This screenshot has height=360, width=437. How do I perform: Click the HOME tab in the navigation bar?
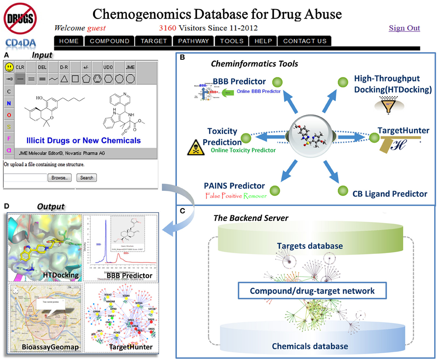point(69,41)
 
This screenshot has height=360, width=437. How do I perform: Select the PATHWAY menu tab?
point(194,41)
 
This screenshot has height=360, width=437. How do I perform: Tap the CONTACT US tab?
point(305,41)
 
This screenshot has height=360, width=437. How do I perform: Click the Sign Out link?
point(404,28)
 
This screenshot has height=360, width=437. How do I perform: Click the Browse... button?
point(59,178)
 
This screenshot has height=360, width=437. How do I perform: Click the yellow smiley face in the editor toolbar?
point(9,68)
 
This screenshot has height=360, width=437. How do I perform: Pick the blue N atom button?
point(9,103)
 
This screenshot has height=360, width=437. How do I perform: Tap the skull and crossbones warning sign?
point(196,147)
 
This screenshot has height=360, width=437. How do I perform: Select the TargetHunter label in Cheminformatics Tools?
point(403,131)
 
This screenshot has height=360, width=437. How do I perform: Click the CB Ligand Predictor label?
point(390,194)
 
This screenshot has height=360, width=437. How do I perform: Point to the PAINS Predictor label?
point(234,185)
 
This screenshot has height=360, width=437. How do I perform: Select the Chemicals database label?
point(310,346)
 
